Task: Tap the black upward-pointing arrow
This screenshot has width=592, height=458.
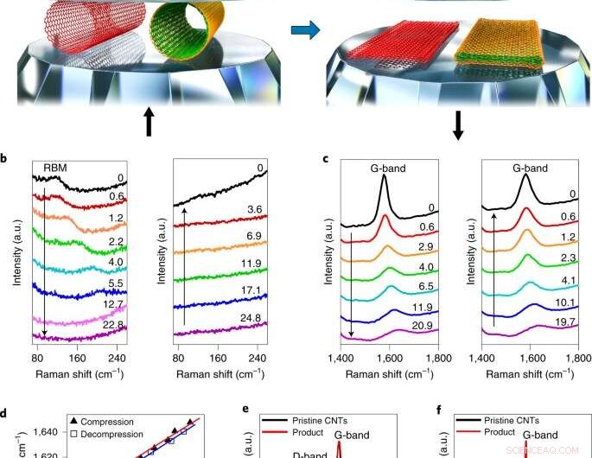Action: [x=148, y=123]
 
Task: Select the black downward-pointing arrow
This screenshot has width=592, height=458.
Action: [x=458, y=123]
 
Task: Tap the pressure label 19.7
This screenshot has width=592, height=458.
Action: [x=568, y=321]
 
